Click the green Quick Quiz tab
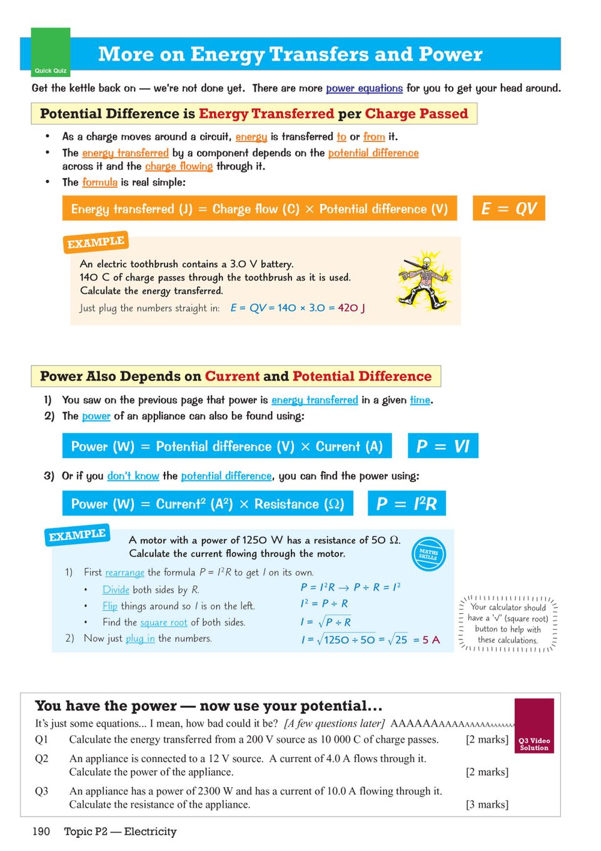point(51,52)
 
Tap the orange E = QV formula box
point(508,208)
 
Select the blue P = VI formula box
point(443,446)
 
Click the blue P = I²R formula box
point(407,504)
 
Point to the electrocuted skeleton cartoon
point(425,280)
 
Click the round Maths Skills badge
point(428,554)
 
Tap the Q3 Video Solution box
point(534,726)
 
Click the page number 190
point(41,832)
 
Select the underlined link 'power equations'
point(364,88)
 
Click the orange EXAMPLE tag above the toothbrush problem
point(96,242)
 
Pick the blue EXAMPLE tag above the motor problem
point(78,536)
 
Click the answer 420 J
point(351,308)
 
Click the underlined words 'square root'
point(164,622)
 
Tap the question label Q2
point(41,758)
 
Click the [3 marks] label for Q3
point(487,805)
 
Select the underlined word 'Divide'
point(116,589)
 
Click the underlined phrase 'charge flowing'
point(179,166)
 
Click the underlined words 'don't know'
point(133,476)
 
